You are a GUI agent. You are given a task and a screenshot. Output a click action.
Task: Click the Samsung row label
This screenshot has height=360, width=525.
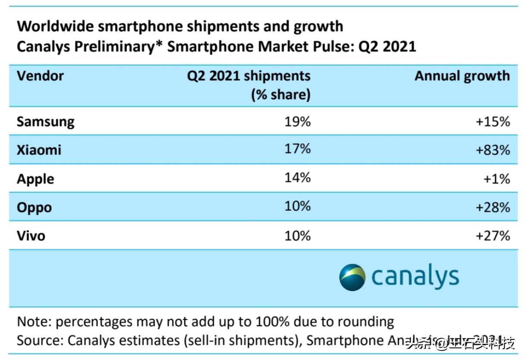[x=45, y=122]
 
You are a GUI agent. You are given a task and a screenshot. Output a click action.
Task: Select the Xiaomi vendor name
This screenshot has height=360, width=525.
[x=39, y=150]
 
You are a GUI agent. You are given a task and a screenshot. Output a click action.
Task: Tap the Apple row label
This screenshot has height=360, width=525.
[x=35, y=178]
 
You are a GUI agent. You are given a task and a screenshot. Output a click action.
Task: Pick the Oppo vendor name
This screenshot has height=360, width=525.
[x=34, y=207]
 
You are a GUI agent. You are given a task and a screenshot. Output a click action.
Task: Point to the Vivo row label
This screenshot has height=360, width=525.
[x=31, y=236]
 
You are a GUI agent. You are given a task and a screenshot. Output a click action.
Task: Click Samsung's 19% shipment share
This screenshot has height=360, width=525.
[x=297, y=122]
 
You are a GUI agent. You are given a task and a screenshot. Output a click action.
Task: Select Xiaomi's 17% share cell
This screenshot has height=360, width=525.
[x=297, y=149]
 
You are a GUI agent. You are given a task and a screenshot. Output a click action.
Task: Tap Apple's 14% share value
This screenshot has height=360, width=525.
[x=297, y=178]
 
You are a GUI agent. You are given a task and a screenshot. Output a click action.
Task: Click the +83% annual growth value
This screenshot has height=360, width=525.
[x=493, y=150]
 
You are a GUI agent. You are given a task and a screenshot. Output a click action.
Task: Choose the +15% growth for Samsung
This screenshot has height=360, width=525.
[x=493, y=122]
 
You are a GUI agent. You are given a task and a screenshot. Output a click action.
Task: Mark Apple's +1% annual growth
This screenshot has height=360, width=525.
[x=497, y=178]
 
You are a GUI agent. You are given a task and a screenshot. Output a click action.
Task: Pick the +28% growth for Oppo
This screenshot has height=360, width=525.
[x=493, y=207]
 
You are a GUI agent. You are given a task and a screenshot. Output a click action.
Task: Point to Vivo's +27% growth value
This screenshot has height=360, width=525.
[x=493, y=236]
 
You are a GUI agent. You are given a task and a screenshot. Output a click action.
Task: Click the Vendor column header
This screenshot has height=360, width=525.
[x=40, y=76]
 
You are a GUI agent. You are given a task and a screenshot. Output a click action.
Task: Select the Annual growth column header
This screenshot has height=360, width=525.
[x=462, y=76]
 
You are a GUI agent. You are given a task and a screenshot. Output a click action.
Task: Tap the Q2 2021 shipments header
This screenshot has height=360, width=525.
[x=248, y=76]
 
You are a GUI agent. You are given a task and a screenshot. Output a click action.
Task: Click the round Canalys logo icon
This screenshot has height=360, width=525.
[x=352, y=277]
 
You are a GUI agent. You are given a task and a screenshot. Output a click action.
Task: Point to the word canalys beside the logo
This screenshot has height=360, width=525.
[x=415, y=276]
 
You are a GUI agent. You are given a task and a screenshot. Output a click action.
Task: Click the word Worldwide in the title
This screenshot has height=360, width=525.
[x=55, y=26]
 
